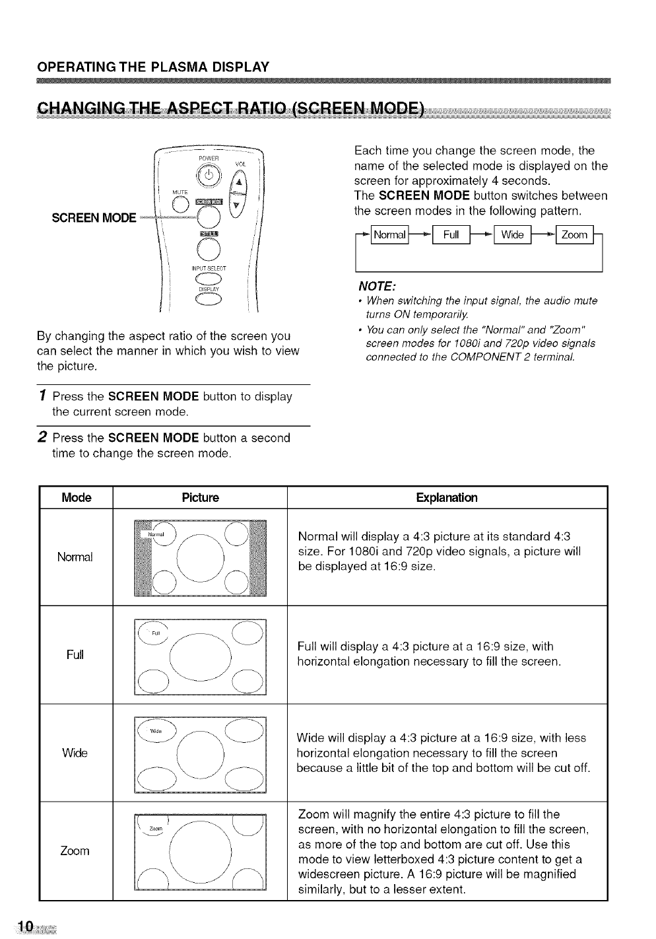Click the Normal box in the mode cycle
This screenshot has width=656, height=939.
click(390, 236)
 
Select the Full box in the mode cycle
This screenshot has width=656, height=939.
click(451, 236)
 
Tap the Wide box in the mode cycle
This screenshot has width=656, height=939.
click(511, 236)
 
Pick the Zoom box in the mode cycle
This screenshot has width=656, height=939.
click(574, 236)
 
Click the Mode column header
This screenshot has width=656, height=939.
click(76, 497)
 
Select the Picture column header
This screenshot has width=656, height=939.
click(199, 497)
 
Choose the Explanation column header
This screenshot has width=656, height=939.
click(446, 497)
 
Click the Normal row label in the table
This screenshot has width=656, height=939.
click(75, 557)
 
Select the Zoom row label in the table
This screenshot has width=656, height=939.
click(75, 851)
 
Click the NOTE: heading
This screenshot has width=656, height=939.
click(376, 286)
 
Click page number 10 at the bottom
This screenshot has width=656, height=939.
click(26, 927)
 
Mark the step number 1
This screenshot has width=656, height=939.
click(42, 396)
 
